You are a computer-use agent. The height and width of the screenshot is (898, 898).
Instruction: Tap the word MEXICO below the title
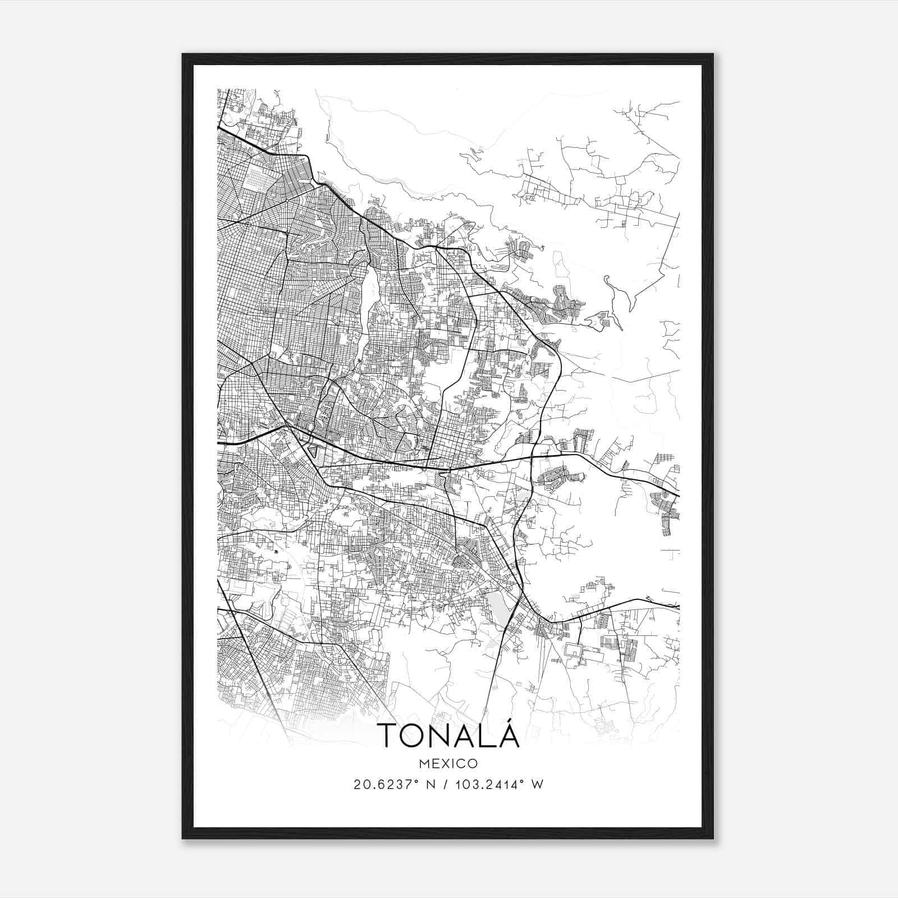(x=448, y=763)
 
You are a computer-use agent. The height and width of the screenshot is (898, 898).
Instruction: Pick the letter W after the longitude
(x=537, y=785)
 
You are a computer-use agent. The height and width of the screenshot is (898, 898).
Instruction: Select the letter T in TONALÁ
(x=387, y=735)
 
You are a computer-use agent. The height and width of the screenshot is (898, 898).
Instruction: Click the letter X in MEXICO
(x=445, y=763)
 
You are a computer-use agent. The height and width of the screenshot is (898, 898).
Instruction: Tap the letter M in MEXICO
(x=424, y=763)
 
